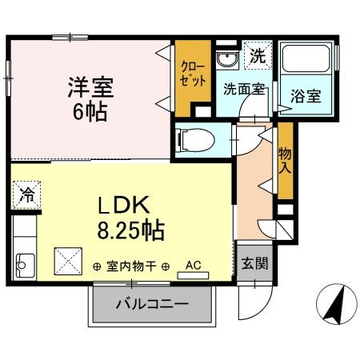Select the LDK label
coord(122,205)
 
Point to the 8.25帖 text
coord(131,231)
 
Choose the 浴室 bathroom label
coord(305,97)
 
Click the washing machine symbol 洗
coord(257,56)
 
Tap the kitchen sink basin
coord(24,262)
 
